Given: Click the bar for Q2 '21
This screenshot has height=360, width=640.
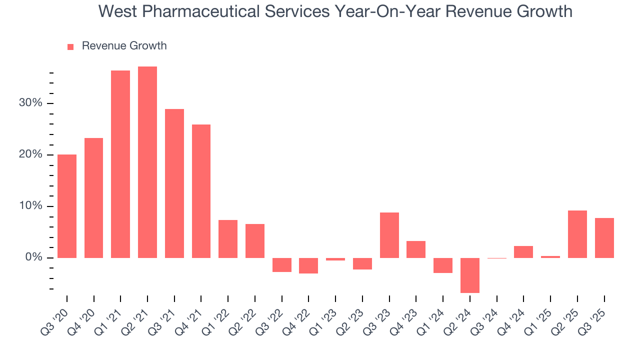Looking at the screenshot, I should [147, 162].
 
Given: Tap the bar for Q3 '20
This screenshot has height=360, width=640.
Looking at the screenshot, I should [67, 206].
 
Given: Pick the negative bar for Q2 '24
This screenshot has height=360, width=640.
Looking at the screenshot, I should [470, 275].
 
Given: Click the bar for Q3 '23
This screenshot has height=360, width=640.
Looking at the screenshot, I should [389, 235].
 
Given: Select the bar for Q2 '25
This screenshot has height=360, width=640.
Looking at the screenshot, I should [577, 234].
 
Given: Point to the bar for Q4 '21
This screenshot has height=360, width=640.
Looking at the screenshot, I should [201, 191].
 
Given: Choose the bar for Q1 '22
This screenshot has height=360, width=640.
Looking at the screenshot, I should [228, 238].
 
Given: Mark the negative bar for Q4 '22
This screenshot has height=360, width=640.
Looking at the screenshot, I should [308, 265].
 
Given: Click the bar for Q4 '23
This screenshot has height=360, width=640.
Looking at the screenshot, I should [416, 249].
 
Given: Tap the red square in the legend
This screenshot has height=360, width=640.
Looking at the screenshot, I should [70, 46].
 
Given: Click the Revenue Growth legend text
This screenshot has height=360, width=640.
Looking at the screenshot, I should [124, 46].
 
